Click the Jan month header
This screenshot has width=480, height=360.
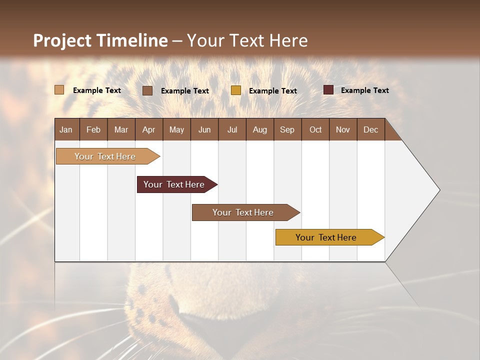coord(66,129)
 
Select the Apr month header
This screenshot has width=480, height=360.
coord(148,129)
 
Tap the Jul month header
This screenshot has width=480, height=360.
coord(232,129)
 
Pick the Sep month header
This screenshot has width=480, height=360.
coord(287,129)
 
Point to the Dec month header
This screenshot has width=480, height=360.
coord(370,129)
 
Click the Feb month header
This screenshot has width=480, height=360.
coord(93,129)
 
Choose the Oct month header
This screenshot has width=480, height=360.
coord(315,129)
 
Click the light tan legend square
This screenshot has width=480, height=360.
coord(59,90)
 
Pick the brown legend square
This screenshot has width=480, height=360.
coord(147,90)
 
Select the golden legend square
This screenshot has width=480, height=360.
coord(236,90)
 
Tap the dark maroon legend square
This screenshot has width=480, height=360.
coord(328,90)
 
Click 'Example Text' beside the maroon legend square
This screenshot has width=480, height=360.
coord(364,90)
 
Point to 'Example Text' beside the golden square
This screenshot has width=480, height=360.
coord(272,91)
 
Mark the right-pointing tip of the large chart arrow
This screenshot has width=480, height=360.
coord(438,190)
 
